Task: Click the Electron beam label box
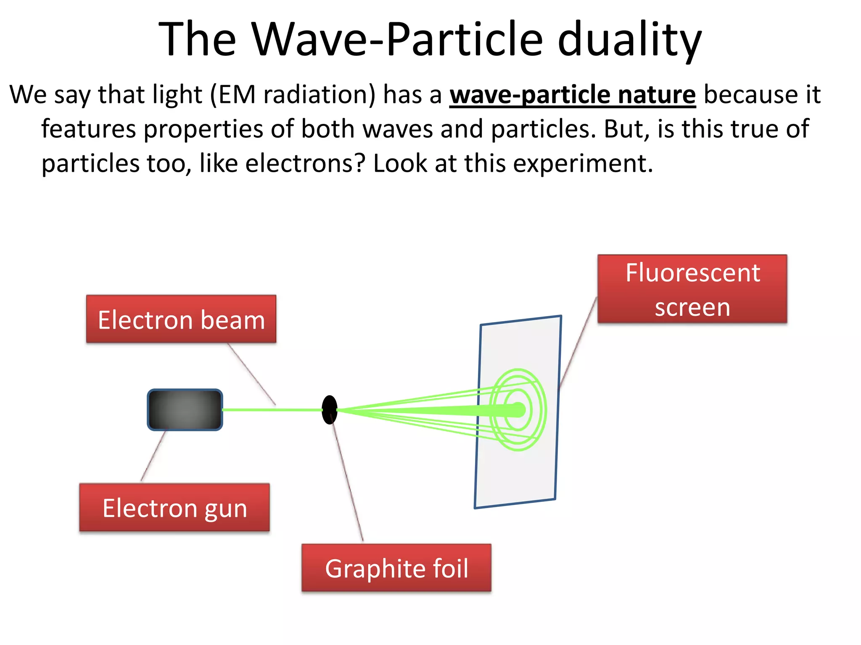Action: tap(181, 319)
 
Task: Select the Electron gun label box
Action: tap(174, 507)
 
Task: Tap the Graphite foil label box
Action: tap(396, 568)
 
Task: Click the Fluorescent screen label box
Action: tap(692, 289)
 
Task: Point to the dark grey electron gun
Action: tap(185, 410)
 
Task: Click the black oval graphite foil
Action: tap(330, 409)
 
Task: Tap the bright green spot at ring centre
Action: tap(519, 409)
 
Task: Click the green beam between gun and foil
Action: tap(272, 409)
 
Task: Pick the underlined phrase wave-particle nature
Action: tap(572, 94)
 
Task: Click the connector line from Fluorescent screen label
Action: tap(578, 342)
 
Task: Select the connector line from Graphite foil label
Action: tap(347, 479)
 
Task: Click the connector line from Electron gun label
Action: tap(153, 456)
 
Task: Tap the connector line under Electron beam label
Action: tap(251, 374)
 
